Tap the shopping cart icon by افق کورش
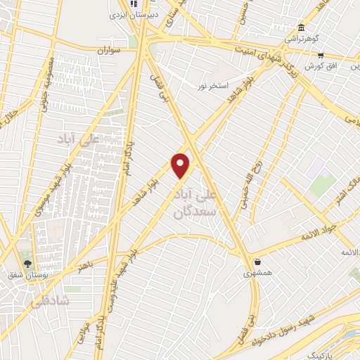point(321,55)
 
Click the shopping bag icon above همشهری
point(257,261)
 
